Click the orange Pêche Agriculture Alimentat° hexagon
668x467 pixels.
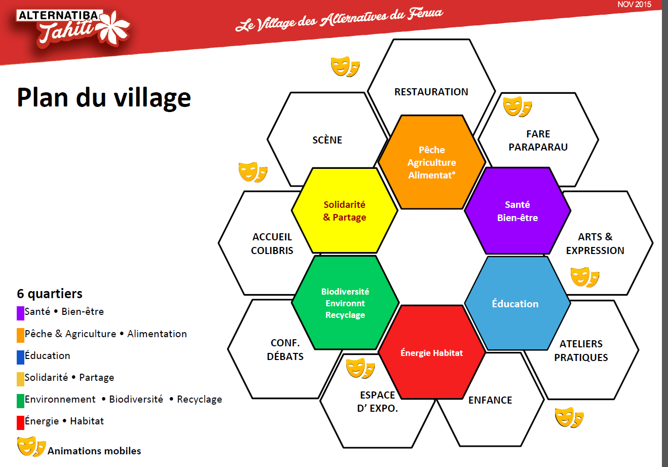tap(431, 162)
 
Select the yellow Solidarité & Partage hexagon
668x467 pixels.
tap(345, 210)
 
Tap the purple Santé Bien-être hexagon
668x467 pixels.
tap(517, 211)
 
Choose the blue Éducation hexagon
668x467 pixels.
tap(517, 303)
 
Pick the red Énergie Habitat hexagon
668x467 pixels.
tap(431, 352)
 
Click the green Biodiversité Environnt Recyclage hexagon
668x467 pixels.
tap(345, 303)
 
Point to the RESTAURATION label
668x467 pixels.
tap(431, 92)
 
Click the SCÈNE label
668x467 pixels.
tap(327, 139)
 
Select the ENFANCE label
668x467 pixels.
tap(490, 400)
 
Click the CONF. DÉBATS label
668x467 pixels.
tap(285, 349)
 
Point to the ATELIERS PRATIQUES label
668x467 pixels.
tap(581, 350)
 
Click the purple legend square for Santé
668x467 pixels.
tap(20, 313)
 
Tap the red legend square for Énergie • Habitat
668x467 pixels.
tap(20, 423)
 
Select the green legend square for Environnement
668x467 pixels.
tap(20, 401)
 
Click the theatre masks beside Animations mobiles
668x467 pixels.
tap(31, 446)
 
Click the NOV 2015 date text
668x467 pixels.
tap(635, 5)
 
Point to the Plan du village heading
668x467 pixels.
tap(104, 98)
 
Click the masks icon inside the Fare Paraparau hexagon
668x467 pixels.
tap(517, 106)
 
